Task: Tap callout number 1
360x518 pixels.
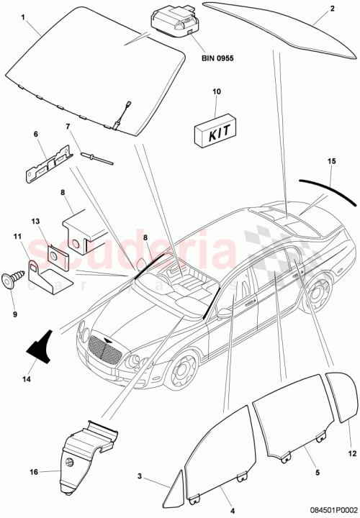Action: click(x=23, y=14)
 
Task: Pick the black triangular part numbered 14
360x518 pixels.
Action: click(x=42, y=345)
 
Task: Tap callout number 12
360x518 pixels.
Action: click(x=352, y=453)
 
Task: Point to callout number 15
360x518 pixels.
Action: click(x=330, y=162)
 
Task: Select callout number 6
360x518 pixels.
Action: click(x=35, y=135)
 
